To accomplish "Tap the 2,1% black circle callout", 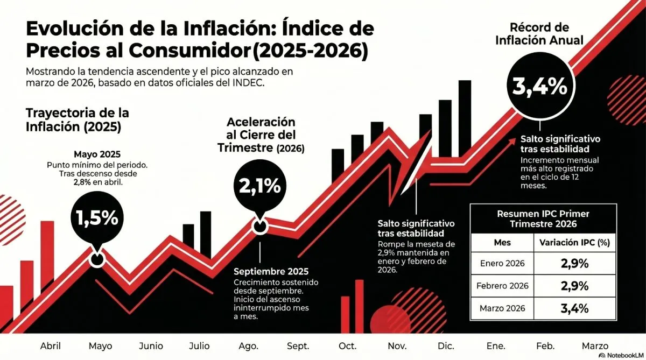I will point(259,186).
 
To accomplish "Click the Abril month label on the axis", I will point(51,346).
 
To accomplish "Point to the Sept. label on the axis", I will point(298,346).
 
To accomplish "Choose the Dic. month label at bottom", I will point(446,346).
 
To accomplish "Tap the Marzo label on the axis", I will point(594,346).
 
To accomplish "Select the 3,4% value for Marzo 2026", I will point(574,309).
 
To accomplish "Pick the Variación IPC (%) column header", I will point(574,243).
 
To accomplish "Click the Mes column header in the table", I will point(502,243).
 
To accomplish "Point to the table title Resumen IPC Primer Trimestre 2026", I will point(543,218).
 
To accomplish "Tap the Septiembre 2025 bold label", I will point(271,271).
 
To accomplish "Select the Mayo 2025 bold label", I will point(96,153).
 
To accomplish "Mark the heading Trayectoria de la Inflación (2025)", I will point(78,120).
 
